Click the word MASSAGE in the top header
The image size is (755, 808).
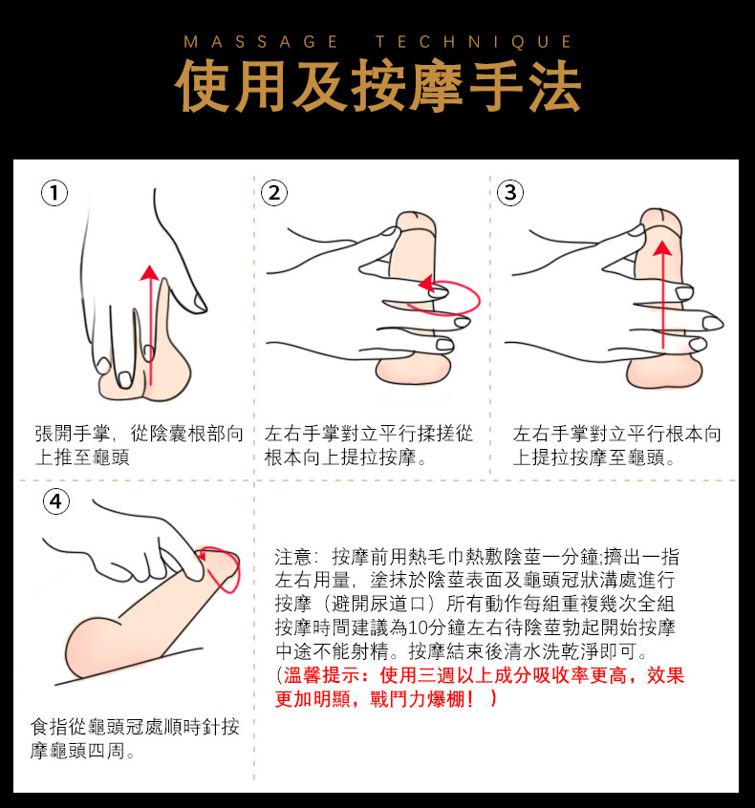tap(261, 42)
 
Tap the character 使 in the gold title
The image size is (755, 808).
tap(204, 86)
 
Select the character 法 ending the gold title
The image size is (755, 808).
tap(554, 86)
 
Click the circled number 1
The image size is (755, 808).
tap(54, 193)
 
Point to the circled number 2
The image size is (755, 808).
tap(274, 193)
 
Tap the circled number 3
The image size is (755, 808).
tap(510, 193)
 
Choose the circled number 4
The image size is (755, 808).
tap(55, 501)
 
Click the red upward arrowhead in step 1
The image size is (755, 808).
tap(149, 272)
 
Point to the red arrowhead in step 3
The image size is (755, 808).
tap(662, 248)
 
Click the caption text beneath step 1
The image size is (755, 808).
tap(140, 445)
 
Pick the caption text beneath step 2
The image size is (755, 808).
tap(369, 445)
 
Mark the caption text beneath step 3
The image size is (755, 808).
tap(616, 445)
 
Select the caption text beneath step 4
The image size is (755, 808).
tap(135, 739)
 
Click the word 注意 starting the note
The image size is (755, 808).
tap(293, 557)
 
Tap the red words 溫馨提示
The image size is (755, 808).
tap(321, 675)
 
